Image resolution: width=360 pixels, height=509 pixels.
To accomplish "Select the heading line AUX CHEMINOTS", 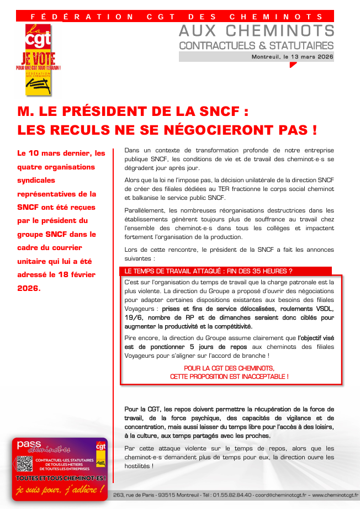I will (257, 31).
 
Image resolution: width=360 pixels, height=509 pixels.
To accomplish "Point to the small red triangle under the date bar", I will (293, 65).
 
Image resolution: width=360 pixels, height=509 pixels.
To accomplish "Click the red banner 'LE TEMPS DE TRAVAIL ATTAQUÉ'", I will (208, 271).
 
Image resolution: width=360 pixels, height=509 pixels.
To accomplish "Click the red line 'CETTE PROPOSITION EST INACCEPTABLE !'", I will (229, 377).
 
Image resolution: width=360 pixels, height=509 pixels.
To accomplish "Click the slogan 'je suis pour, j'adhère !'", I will (60, 489).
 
